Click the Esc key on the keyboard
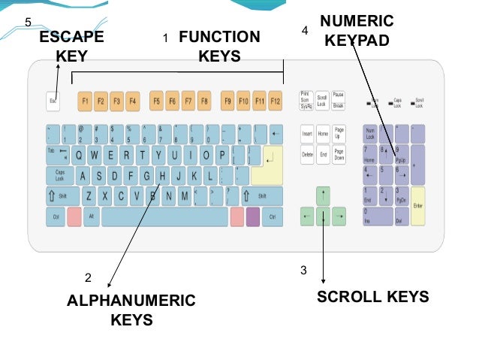53,100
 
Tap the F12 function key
276,100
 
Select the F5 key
156,100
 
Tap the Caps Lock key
59,176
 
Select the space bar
164,217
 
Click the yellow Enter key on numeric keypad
418,206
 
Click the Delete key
307,156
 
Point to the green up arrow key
323,196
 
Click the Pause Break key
339,99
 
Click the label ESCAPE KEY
71,47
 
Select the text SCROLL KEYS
372,297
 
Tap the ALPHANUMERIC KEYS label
131,310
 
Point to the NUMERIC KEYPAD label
357,29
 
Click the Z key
88,197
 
